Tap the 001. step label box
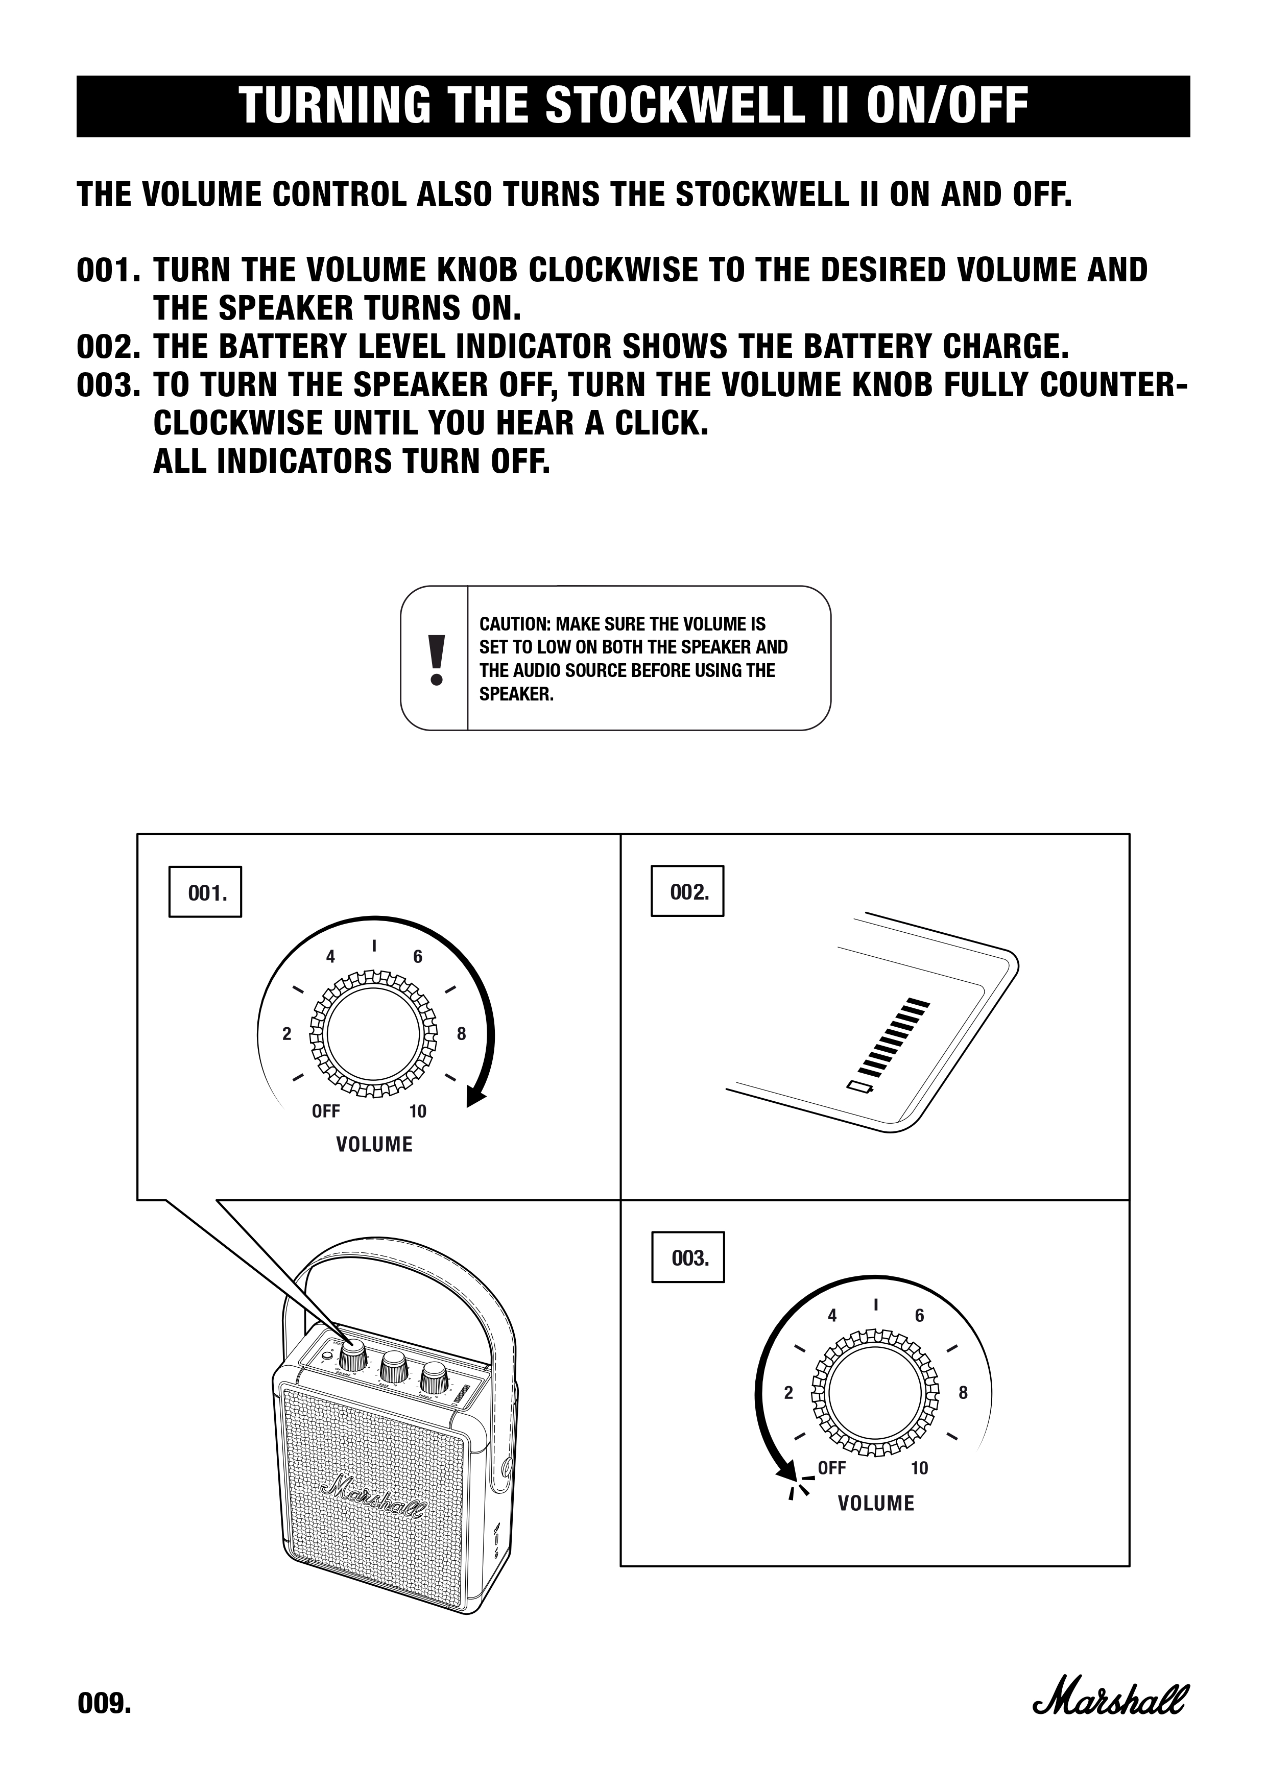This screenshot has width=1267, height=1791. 205,891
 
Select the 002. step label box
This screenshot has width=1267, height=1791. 687,891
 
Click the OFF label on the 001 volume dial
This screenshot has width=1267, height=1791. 325,1111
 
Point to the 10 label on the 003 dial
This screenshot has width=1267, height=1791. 919,1468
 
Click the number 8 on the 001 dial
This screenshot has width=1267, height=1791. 461,1034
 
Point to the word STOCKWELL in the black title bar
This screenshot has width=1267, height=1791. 673,106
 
